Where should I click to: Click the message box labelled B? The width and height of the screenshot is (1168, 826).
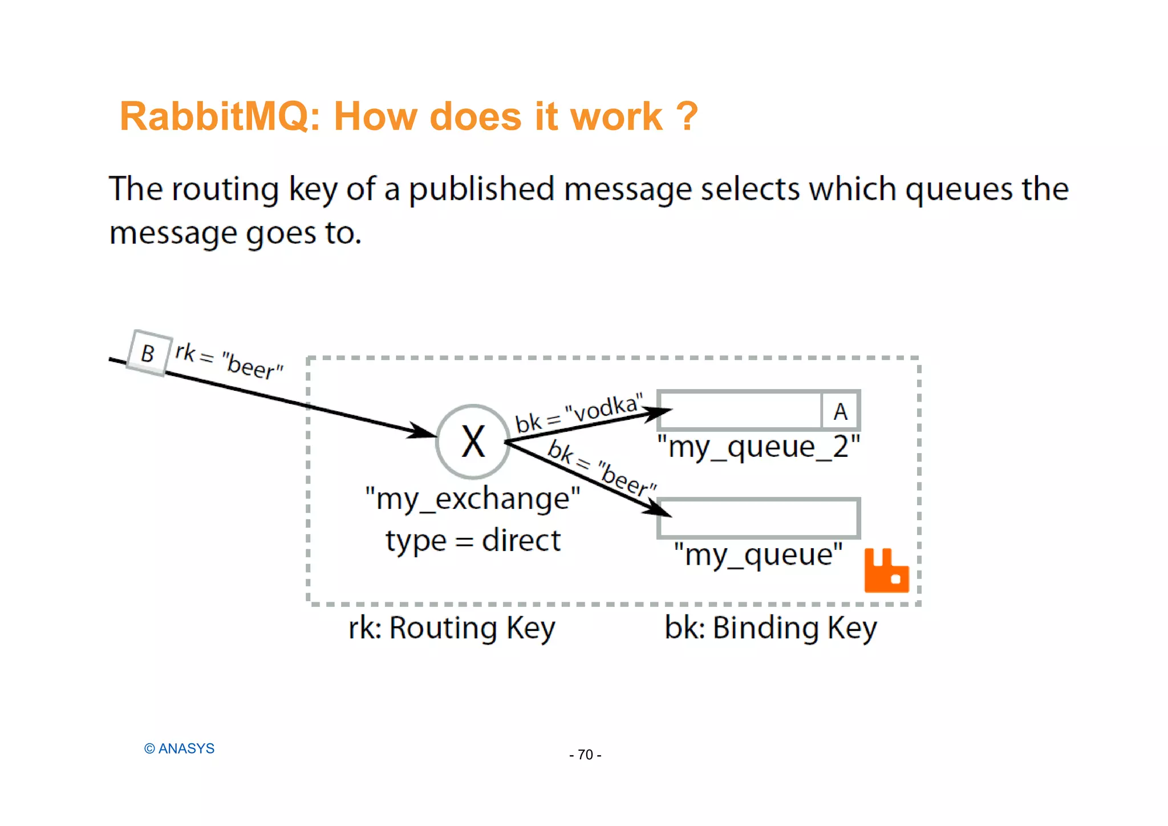tap(148, 353)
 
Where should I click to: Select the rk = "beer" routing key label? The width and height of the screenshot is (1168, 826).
tap(229, 361)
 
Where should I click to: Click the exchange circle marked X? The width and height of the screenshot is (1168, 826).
tap(473, 442)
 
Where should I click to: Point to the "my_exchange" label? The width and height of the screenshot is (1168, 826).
tap(473, 499)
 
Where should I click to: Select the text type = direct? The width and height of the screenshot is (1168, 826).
tap(473, 540)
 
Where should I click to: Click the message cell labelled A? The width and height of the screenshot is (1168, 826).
tap(840, 411)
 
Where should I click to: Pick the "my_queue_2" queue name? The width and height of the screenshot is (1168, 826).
tap(758, 447)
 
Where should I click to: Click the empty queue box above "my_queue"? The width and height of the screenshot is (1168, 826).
tap(759, 518)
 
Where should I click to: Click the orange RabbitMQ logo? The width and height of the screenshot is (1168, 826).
tap(886, 571)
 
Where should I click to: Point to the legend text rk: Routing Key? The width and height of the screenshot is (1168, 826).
tap(452, 628)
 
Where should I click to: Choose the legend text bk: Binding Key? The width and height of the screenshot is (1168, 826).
tap(770, 628)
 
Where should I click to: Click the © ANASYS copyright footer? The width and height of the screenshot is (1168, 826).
tap(179, 748)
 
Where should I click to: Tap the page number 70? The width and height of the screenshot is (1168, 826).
tap(585, 755)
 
